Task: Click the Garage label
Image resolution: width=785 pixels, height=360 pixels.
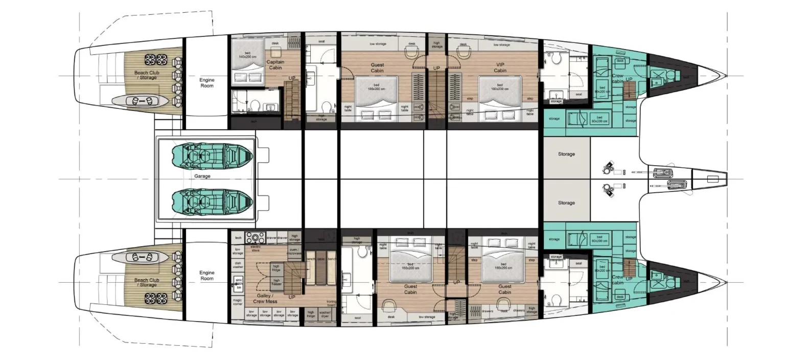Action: (x=202, y=176)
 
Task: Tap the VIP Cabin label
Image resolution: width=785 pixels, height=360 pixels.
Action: (x=500, y=67)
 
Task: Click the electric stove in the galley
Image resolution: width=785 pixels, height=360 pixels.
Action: (x=255, y=238)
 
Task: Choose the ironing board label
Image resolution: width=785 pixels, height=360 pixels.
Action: (x=332, y=304)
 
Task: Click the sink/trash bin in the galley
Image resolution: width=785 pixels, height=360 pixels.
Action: (x=238, y=283)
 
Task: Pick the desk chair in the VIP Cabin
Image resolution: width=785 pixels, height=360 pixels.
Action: (x=463, y=51)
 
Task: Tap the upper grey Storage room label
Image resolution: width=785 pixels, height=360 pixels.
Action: (x=566, y=154)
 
